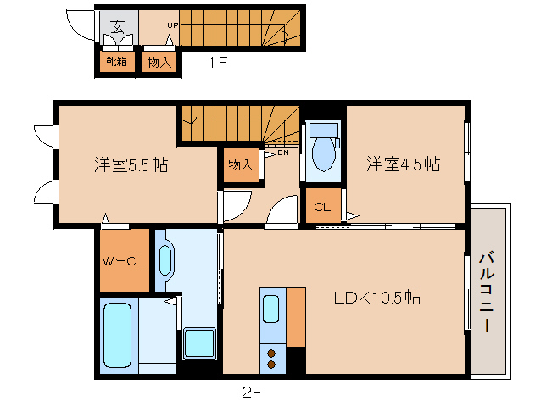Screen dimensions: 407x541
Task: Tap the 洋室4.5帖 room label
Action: tap(403, 164)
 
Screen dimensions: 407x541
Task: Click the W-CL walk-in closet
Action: tap(125, 261)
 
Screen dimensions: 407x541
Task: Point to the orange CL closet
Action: tap(322, 206)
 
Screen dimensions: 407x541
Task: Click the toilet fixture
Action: tap(323, 153)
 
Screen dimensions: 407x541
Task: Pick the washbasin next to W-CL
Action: tap(165, 261)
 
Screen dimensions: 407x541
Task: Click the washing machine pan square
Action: tap(200, 343)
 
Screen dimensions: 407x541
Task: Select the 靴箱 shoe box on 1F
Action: tap(116, 62)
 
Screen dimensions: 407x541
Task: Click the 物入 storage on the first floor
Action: tap(159, 62)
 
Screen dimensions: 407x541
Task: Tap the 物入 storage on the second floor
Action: tap(240, 164)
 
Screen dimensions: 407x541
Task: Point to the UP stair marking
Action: tap(172, 25)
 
